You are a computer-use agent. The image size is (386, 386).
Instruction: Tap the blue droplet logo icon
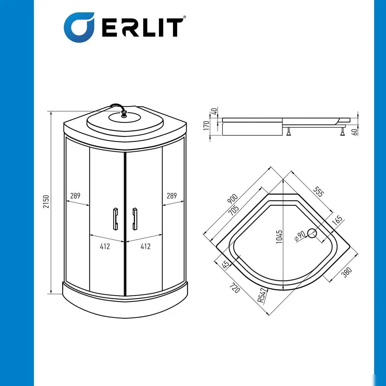click(79, 27)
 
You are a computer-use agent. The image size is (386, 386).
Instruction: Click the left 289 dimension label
click(75, 196)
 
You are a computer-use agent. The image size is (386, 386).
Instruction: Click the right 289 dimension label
click(172, 196)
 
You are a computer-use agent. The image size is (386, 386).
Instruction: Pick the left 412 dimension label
click(105, 246)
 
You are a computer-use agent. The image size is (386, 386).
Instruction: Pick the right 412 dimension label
click(146, 246)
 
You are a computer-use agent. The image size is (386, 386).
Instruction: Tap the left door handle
click(115, 219)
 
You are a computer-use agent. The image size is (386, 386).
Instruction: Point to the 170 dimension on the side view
click(206, 125)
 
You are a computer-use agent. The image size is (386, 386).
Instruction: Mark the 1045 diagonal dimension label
click(279, 237)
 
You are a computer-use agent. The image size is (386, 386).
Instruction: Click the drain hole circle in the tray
click(312, 233)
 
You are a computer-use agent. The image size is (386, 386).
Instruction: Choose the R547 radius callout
click(262, 295)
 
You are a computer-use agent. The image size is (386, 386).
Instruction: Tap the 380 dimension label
click(347, 272)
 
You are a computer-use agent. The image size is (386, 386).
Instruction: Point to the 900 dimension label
click(233, 199)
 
